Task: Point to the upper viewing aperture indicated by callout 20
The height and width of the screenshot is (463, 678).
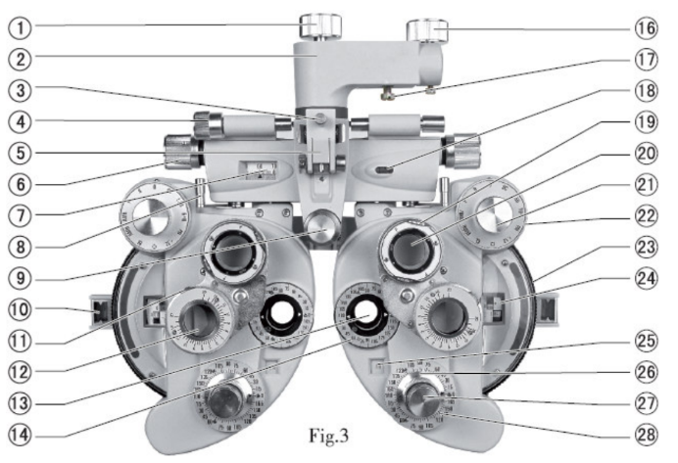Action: coord(411,246)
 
